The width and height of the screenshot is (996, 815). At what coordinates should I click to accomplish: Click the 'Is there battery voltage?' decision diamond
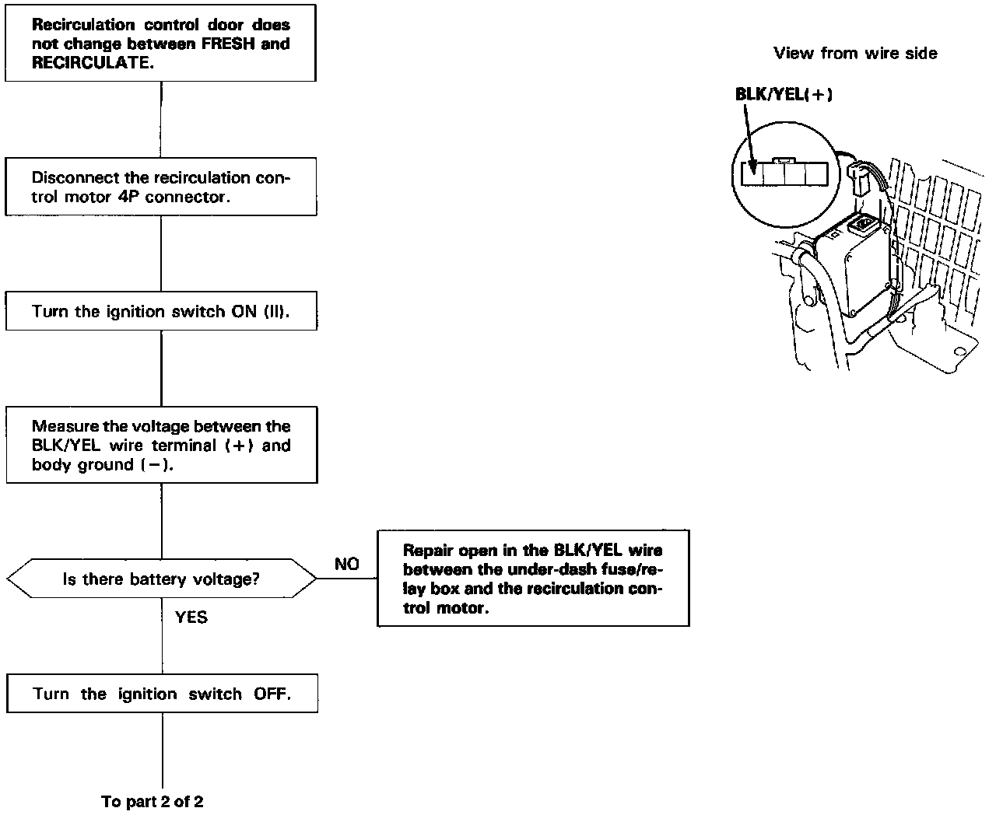161,579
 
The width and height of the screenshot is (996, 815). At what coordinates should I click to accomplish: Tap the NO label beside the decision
347,564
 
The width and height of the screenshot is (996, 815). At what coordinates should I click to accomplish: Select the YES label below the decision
191,617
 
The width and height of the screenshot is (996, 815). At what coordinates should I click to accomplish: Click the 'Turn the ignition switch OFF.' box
162,694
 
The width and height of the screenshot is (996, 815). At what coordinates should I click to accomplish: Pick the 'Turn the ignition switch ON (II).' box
161,312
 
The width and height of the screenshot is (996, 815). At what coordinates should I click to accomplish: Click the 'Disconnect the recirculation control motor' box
161,187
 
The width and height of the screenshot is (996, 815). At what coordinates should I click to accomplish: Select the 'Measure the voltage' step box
161,445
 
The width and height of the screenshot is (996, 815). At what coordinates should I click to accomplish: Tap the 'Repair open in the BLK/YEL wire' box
533,579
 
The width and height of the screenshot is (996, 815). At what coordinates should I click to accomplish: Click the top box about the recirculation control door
161,44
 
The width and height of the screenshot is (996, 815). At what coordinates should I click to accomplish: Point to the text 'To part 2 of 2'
153,801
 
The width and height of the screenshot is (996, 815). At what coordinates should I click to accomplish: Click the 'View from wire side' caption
855,53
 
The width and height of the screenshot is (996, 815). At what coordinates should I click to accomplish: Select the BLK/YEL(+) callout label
784,94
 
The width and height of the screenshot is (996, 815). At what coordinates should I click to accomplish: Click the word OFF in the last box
272,694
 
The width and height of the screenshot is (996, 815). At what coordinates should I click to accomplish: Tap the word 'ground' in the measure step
107,464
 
